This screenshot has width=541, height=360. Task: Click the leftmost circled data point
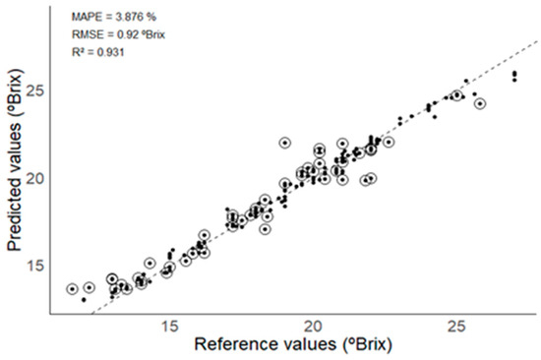(72, 289)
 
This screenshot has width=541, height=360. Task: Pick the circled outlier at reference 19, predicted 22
(285, 143)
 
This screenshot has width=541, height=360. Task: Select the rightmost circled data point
(480, 103)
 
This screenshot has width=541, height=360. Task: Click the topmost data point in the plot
(514, 74)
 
